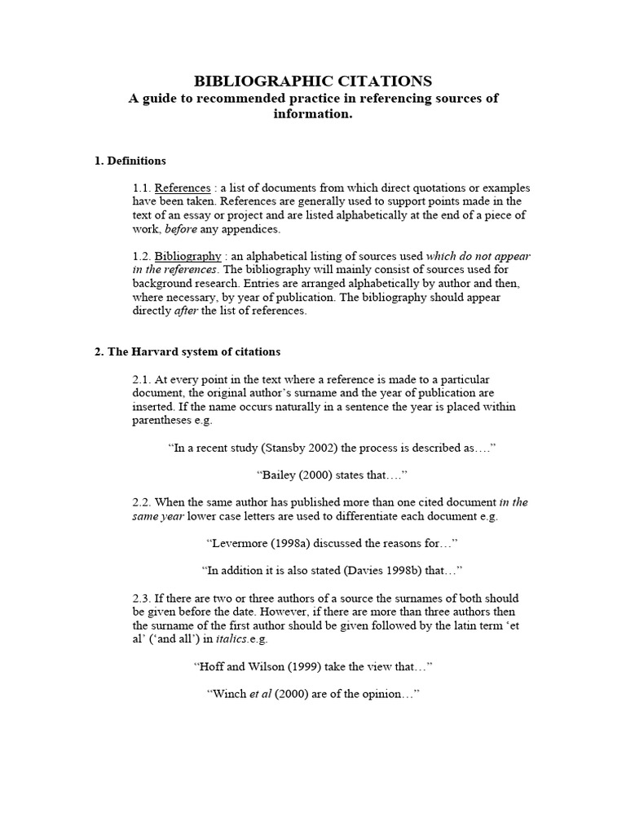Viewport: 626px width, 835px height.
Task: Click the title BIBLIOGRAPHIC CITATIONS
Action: tap(313, 81)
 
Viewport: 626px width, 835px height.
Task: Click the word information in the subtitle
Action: tap(313, 114)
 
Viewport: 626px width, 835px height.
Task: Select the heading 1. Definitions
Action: tap(130, 161)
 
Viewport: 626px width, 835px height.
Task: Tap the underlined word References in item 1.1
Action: tap(183, 188)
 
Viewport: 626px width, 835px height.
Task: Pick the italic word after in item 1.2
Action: tap(187, 311)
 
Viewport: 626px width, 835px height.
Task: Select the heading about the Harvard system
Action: tap(187, 352)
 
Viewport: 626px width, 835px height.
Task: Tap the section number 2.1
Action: tap(142, 379)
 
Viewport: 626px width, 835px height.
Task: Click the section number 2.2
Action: tap(142, 502)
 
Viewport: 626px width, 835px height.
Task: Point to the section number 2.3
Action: tap(142, 599)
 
